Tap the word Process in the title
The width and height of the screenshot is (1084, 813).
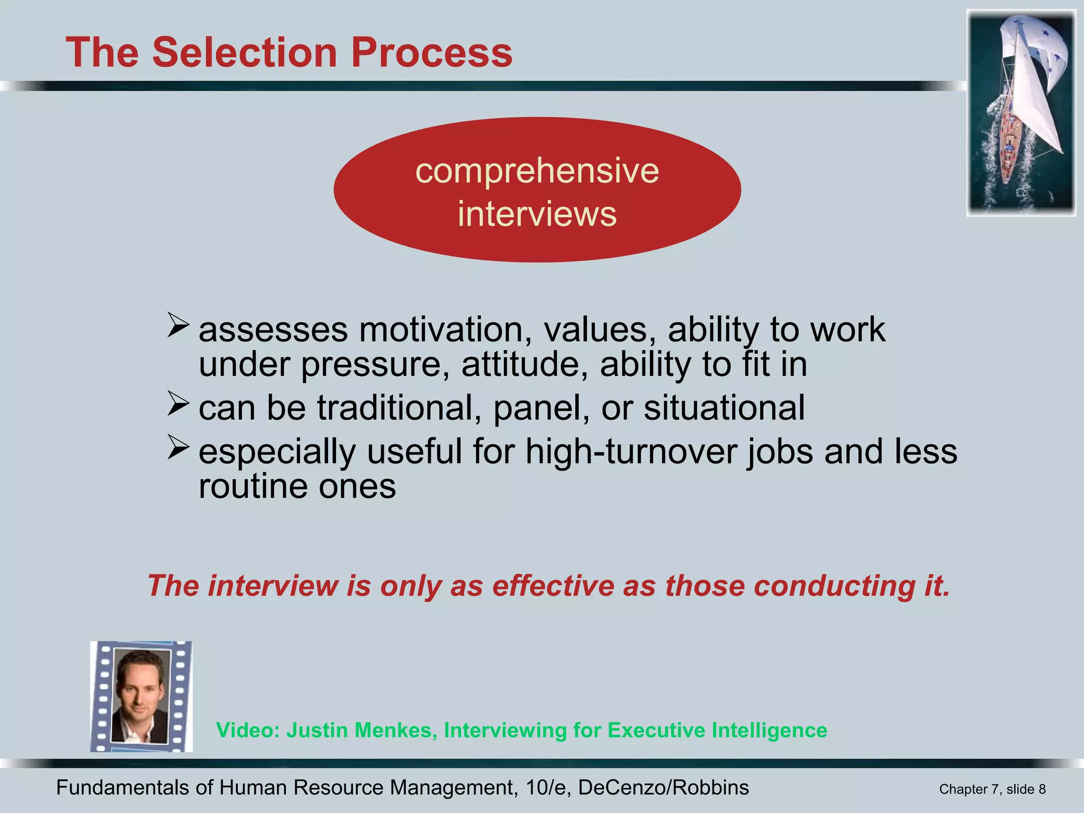pyautogui.click(x=431, y=52)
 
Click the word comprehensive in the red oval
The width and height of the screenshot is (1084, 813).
pyautogui.click(x=537, y=171)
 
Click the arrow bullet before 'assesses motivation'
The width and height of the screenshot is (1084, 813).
pyautogui.click(x=178, y=324)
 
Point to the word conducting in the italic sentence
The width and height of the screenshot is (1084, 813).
pyautogui.click(x=834, y=585)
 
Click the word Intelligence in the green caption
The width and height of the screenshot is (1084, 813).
pyautogui.click(x=769, y=730)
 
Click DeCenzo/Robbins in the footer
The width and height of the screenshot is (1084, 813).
pyautogui.click(x=663, y=788)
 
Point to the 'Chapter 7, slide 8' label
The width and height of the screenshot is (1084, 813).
pyautogui.click(x=992, y=789)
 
